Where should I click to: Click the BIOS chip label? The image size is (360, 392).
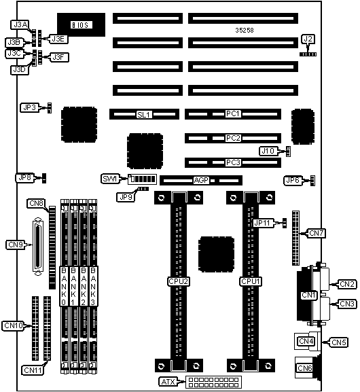click(81, 25)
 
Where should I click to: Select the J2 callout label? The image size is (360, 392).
click(308, 39)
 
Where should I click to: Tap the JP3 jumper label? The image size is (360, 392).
click(29, 108)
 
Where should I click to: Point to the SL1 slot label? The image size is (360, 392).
click(144, 115)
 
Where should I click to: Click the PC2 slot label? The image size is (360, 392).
click(233, 138)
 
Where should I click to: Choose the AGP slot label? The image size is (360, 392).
click(201, 180)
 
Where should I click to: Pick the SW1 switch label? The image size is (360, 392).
click(110, 179)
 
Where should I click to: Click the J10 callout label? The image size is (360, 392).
click(268, 151)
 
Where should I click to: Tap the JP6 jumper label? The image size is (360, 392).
click(293, 180)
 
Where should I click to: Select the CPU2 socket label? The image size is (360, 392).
click(178, 281)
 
